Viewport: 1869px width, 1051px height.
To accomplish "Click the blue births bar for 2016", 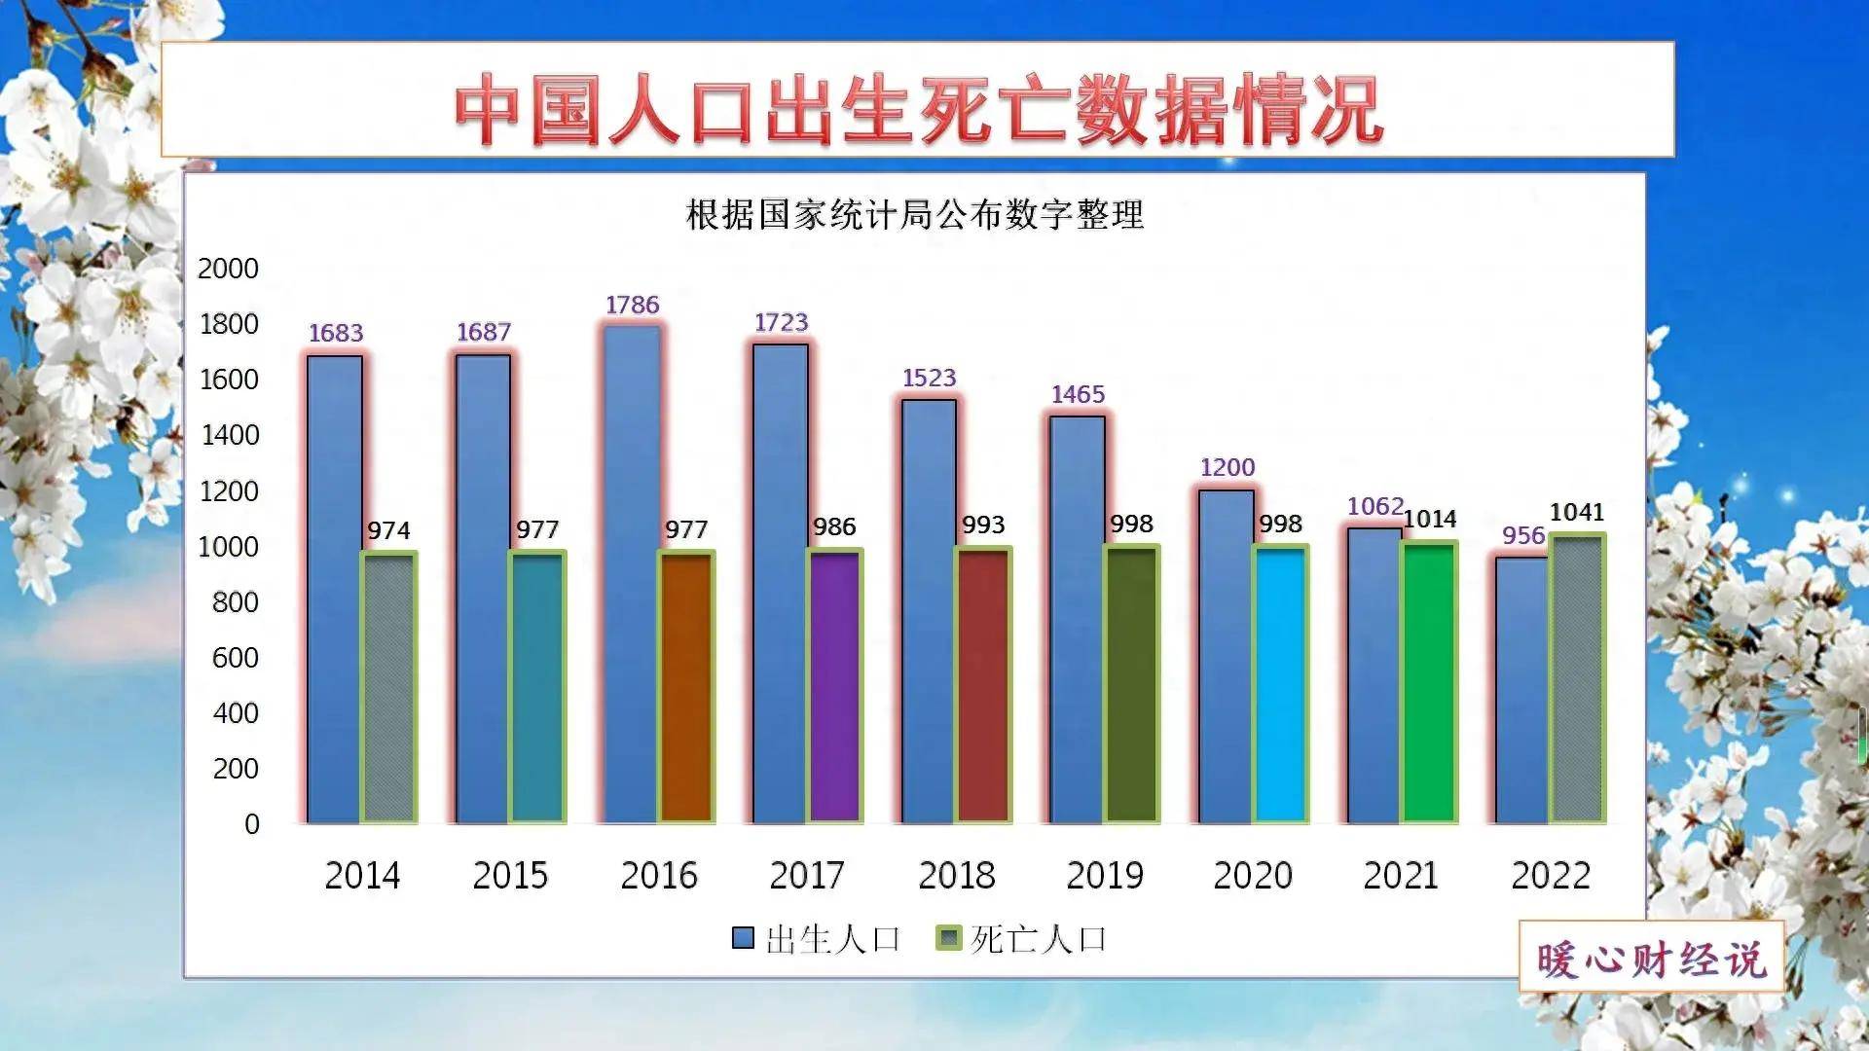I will coord(632,574).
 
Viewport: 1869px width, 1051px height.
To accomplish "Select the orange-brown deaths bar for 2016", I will coord(687,687).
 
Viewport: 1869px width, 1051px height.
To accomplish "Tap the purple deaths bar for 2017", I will coord(835,687).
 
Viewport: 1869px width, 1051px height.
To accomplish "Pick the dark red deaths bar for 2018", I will coord(983,685).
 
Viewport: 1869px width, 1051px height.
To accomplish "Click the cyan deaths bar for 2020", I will coord(1280,685).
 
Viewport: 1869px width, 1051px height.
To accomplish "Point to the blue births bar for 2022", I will coord(1521,691).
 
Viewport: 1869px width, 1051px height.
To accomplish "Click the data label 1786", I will coord(633,306).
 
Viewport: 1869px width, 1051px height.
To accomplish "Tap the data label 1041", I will coord(1576,513).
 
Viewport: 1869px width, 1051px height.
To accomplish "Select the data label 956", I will coord(1523,536).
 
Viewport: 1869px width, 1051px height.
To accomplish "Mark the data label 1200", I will coord(1227,468).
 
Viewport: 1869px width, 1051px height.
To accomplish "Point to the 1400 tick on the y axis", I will coord(230,435).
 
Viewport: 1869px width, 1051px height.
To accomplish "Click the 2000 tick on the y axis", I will coord(228,269).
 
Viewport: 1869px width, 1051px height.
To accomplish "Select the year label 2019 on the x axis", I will coord(1105,876).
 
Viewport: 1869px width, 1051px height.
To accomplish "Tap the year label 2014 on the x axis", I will coord(362,876).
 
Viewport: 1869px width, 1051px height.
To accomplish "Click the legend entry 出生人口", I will coord(818,939).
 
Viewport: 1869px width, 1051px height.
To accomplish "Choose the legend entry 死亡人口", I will coord(1022,939).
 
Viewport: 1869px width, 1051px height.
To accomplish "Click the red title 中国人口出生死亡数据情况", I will coord(918,109).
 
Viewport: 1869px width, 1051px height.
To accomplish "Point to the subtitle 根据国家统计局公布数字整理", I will coord(914,215).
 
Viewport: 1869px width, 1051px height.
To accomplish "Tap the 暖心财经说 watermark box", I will coord(1651,959).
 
